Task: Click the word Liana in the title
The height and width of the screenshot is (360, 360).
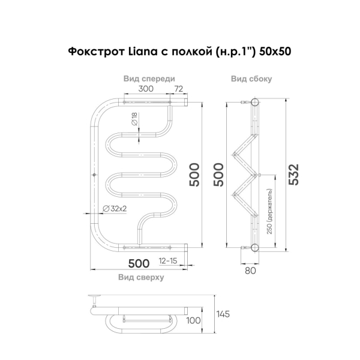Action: click(142, 51)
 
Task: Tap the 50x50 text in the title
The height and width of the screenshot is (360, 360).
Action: click(275, 52)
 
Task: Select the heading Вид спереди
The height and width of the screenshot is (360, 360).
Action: click(149, 79)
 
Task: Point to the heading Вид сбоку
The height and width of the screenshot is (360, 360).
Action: click(251, 79)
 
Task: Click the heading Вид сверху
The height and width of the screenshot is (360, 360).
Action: click(141, 277)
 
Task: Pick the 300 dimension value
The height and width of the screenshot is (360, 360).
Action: click(146, 89)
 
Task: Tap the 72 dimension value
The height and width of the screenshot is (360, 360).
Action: click(179, 89)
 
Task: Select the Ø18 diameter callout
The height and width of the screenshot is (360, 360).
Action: click(134, 119)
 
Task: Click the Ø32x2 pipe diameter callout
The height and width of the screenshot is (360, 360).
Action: click(115, 208)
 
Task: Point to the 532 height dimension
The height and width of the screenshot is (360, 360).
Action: click(294, 175)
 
